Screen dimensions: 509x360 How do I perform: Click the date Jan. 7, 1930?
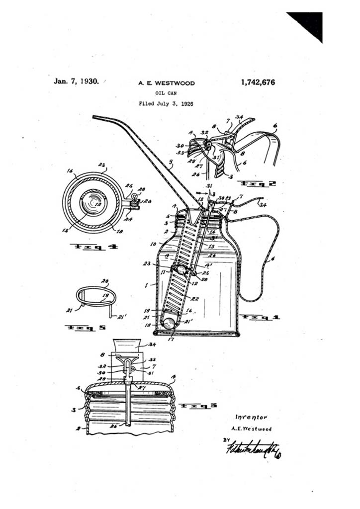point(77,81)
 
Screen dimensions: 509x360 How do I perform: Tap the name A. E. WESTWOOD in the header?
point(167,84)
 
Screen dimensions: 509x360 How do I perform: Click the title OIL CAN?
point(166,93)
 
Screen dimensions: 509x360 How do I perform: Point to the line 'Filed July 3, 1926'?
point(166,104)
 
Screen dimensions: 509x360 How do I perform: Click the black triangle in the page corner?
point(308,24)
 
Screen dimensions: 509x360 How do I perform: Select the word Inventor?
point(251,417)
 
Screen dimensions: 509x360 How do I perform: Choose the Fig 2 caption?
point(256,183)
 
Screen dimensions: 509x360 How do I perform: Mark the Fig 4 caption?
point(93,246)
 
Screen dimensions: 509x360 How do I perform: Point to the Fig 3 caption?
point(199,406)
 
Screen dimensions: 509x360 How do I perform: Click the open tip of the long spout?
point(94,117)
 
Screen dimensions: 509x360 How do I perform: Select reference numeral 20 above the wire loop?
point(104,281)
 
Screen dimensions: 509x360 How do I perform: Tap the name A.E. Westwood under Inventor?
point(252,428)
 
